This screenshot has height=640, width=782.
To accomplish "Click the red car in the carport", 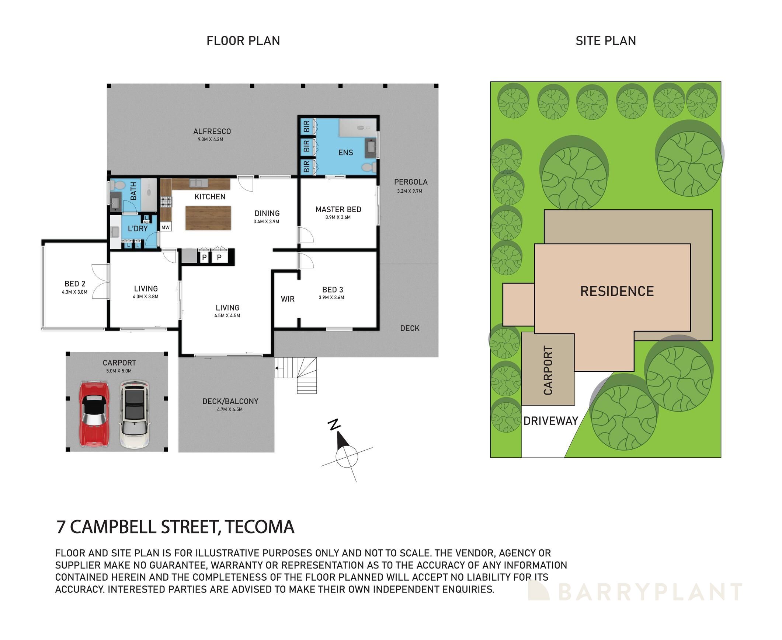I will pos(94,414).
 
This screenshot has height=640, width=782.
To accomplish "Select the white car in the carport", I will pos(135,414).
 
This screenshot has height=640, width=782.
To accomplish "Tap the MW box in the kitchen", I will pos(166,227).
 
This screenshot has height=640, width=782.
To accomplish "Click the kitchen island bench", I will pos(208,218).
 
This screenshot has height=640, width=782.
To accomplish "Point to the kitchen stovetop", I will pos(166,202).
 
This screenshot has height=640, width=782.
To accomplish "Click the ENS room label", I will pos(345,153).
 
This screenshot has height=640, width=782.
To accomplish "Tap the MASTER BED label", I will pos(338,209).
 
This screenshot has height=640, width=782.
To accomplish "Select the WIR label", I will pos(288,299).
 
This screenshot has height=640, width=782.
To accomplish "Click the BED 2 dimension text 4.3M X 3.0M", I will pos(74,292).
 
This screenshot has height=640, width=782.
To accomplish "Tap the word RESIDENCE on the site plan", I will pos(617,291).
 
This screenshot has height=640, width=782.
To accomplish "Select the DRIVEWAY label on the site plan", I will pos(550,421).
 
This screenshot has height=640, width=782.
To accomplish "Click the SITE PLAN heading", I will pos(606,41).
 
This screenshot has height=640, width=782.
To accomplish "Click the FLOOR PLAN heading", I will pos(243,41).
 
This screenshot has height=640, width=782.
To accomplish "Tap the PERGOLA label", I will pos(411,182).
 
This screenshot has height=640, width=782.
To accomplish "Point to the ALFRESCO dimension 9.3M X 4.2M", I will pos(210,139).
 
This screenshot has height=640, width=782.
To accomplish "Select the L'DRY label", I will pos(138,228).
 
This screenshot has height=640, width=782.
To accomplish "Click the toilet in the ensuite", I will pos(368,168).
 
